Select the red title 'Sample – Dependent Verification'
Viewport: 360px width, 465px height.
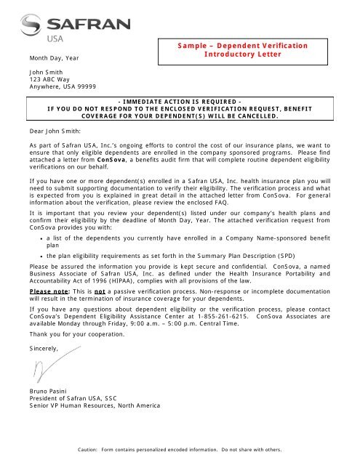(242, 46)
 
